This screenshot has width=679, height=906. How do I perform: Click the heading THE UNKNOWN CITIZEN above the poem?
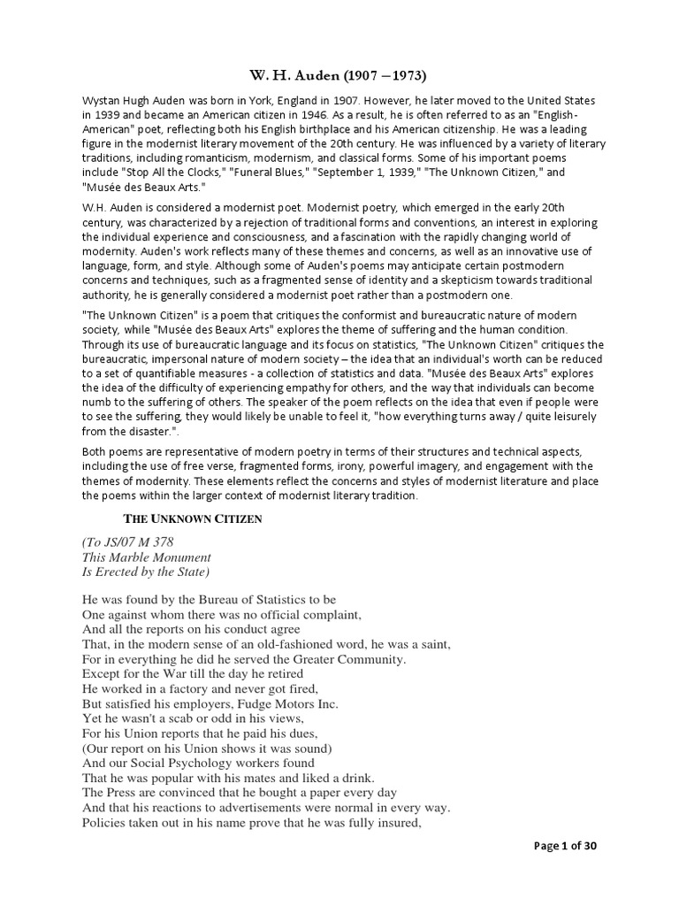pyautogui.click(x=192, y=519)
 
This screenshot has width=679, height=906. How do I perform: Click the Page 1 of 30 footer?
pyautogui.click(x=566, y=870)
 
